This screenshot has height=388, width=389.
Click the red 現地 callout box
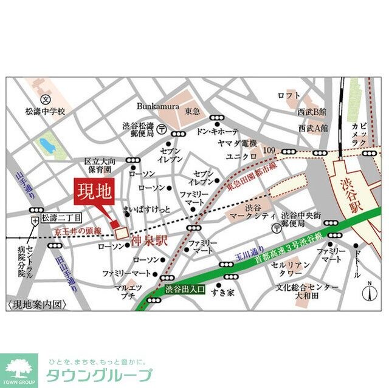(93, 193)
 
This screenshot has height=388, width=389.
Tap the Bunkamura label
(157, 106)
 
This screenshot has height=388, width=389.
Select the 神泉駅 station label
(148, 240)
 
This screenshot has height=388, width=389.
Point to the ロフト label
(285, 96)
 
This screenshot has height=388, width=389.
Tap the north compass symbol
(370, 292)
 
